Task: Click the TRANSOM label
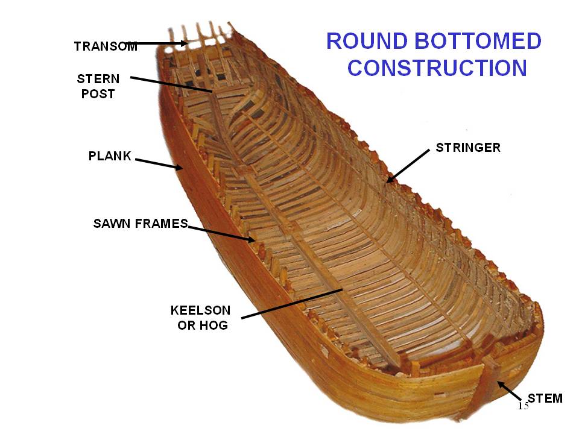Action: tap(105, 46)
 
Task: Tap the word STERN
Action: tap(98, 79)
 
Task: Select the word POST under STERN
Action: tap(98, 94)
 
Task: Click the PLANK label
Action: tap(110, 156)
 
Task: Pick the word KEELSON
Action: tap(200, 310)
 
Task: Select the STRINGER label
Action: tap(468, 148)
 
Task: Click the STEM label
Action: tap(545, 398)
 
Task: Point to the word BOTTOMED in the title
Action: tap(477, 42)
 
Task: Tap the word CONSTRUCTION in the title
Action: tap(437, 68)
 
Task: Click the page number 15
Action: tap(523, 406)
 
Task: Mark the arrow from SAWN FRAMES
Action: tap(221, 233)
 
